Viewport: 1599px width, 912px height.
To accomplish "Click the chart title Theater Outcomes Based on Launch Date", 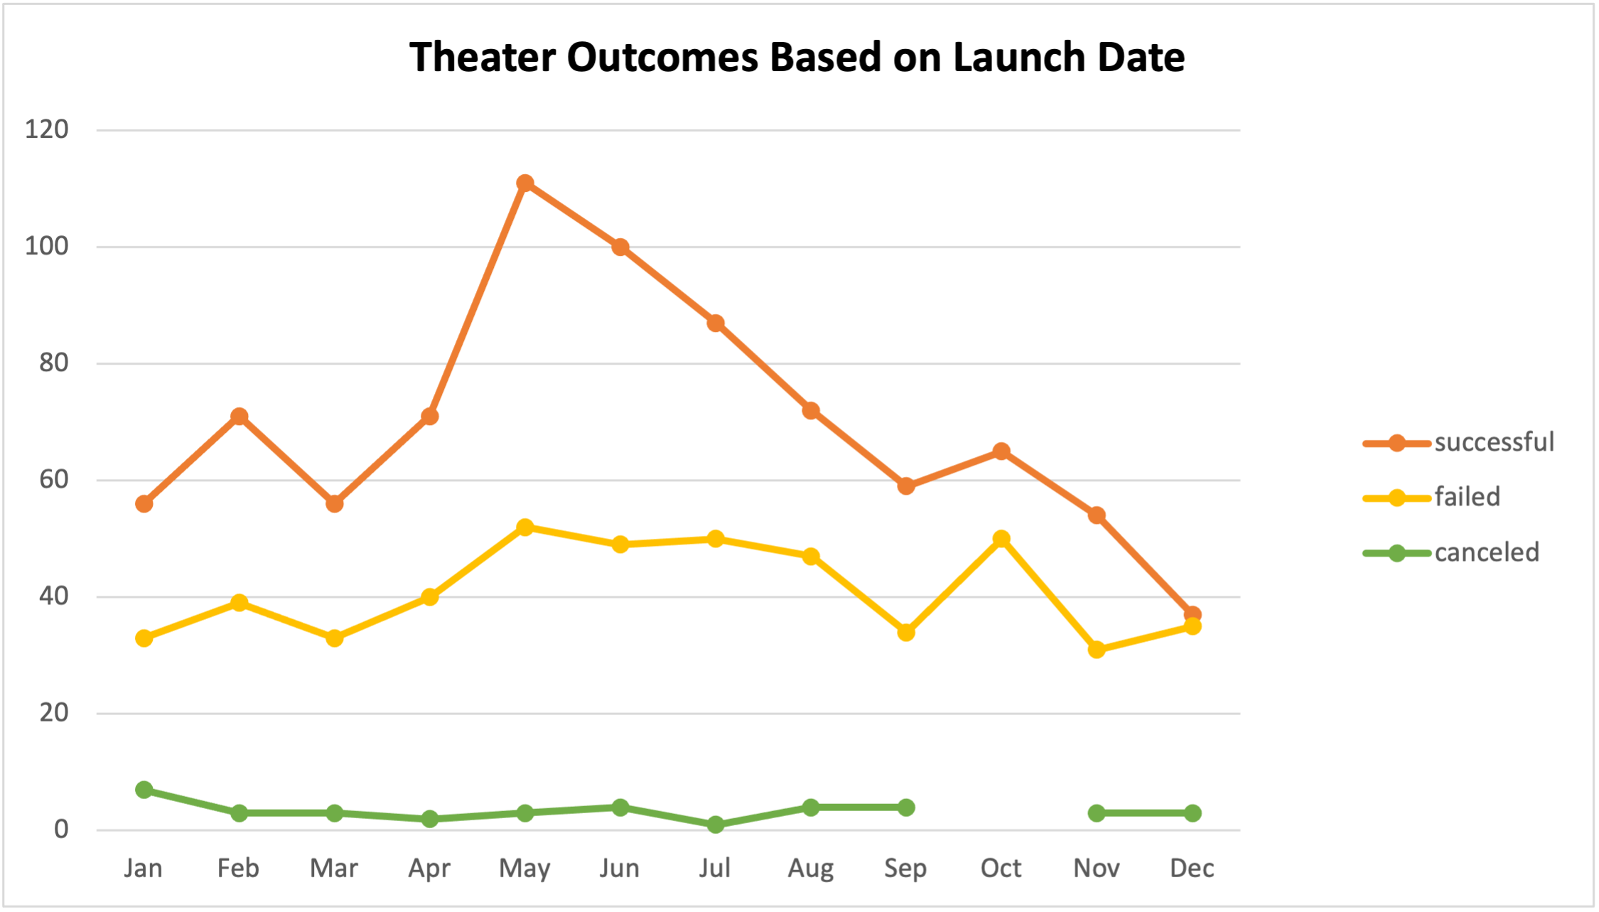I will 797,57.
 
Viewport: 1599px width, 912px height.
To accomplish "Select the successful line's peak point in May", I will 525,183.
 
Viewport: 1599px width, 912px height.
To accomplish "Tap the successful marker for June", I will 620,247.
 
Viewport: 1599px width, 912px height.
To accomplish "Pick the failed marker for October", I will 1001,539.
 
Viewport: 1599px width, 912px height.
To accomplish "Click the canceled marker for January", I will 144,790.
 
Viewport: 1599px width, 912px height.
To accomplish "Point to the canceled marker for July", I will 716,825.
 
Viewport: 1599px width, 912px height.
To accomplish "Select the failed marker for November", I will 1097,649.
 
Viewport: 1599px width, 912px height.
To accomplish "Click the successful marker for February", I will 239,417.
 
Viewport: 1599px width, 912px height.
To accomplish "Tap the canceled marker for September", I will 906,808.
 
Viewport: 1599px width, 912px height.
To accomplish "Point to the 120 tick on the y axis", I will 47,130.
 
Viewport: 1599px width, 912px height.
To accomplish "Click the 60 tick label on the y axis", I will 54,480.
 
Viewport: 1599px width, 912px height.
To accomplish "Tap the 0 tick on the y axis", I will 62,830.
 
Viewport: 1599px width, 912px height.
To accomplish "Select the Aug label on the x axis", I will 811,869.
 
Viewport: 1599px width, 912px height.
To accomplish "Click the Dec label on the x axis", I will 1192,869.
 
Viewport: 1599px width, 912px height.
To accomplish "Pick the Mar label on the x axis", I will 334,869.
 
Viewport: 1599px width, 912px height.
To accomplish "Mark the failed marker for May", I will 525,527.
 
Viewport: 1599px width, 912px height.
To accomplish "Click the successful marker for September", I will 906,486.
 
